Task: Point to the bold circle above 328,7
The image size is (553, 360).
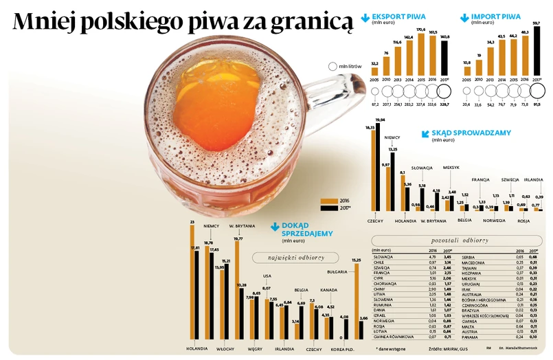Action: point(444,91)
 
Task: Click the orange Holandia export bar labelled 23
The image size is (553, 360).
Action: point(192,282)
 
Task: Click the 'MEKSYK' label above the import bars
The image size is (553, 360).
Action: point(451,168)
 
